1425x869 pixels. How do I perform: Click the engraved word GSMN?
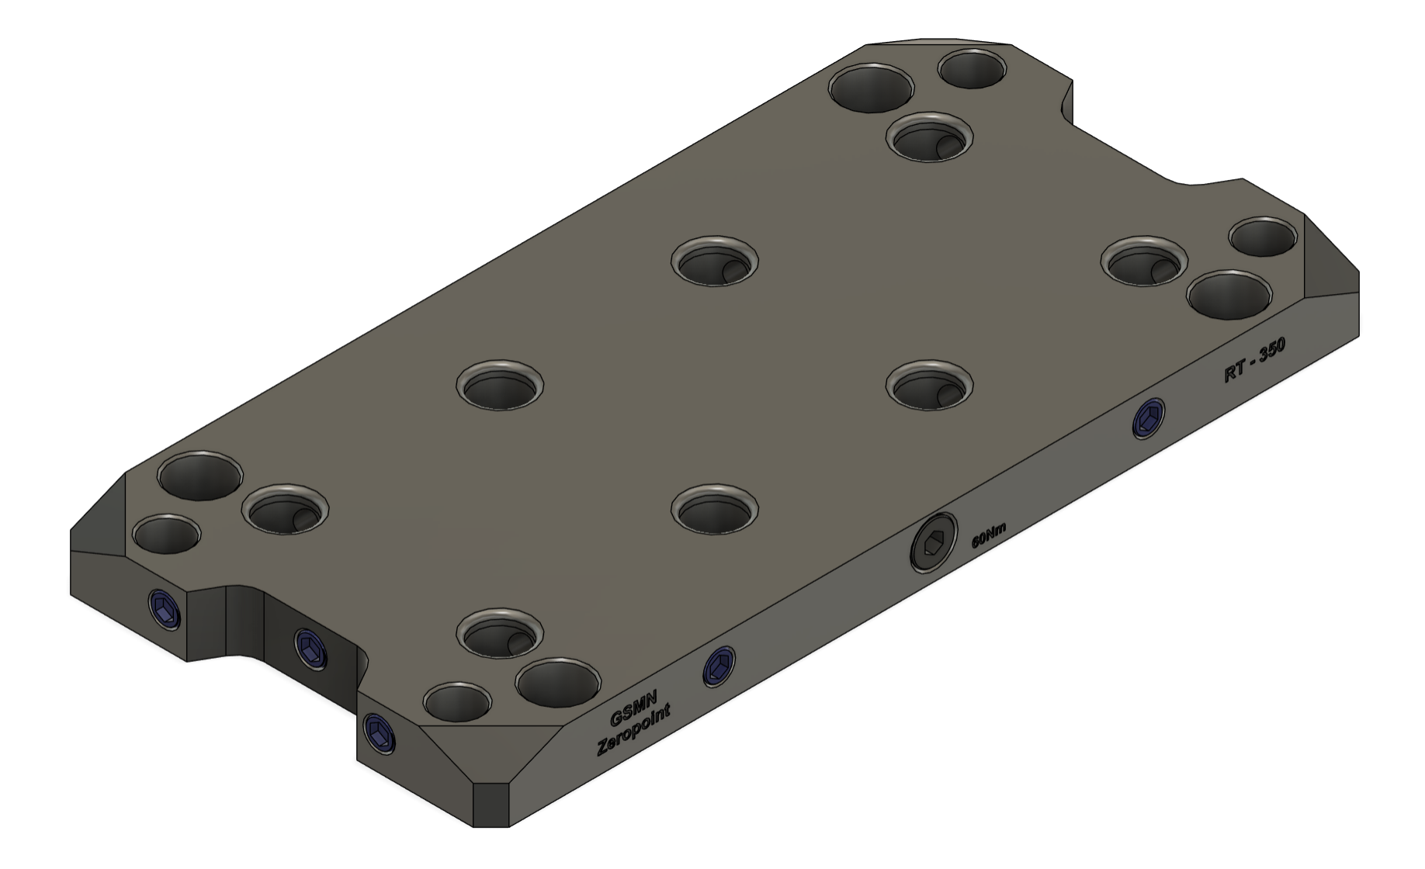pyautogui.click(x=633, y=708)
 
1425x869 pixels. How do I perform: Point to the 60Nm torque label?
pyautogui.click(x=989, y=535)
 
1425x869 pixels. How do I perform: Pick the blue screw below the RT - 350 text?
pyautogui.click(x=1149, y=420)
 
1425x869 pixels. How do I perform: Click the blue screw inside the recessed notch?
pyautogui.click(x=311, y=648)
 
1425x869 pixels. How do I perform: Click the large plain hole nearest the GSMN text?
pyautogui.click(x=558, y=681)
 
